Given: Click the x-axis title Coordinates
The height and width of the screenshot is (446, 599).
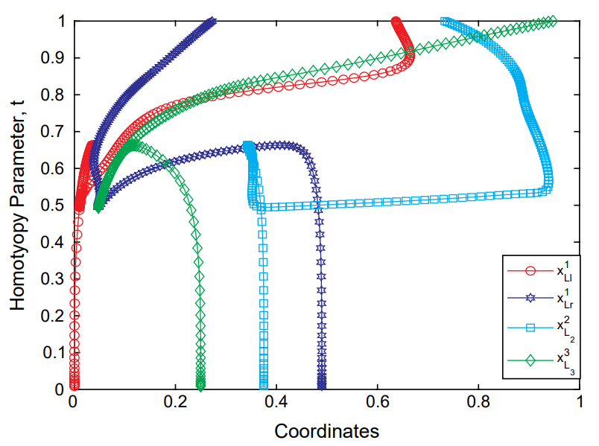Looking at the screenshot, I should pyautogui.click(x=327, y=431).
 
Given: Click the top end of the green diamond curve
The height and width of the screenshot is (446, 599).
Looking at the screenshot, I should pyautogui.click(x=552, y=21).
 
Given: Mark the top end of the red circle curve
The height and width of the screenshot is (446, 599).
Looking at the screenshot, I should pyautogui.click(x=396, y=22).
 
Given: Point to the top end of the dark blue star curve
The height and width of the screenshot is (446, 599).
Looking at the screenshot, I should pyautogui.click(x=212, y=22).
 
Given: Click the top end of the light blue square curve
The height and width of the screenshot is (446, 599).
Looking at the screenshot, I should pyautogui.click(x=445, y=22).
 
